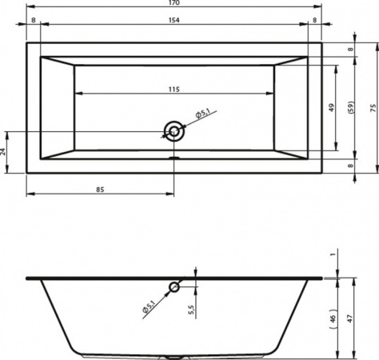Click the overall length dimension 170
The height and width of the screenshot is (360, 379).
[174, 2]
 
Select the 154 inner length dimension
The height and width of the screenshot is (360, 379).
[174, 20]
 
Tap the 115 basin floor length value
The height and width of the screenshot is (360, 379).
[174, 90]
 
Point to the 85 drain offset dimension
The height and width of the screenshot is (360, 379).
[100, 190]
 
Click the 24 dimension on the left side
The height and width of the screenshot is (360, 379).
[3, 152]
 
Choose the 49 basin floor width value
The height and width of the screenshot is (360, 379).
[331, 108]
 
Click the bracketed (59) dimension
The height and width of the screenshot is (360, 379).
[352, 108]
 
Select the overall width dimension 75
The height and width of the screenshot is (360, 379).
[373, 108]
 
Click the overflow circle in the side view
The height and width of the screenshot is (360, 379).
[174, 287]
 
